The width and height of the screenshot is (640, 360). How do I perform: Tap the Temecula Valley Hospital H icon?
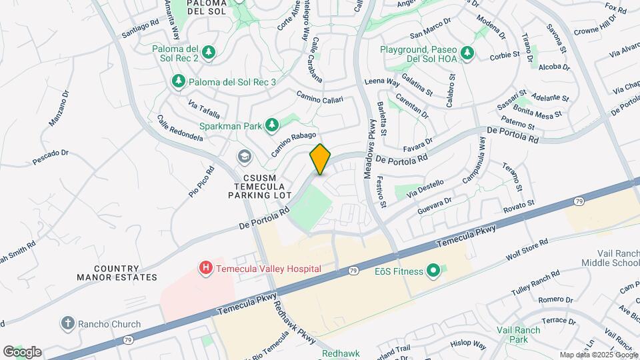[207, 269]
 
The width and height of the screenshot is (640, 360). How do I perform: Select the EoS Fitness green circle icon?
[433, 271]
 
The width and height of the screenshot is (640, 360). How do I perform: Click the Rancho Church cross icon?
[67, 324]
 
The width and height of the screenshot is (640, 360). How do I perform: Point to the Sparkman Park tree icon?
[271, 125]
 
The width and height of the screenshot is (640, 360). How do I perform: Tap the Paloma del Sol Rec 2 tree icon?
[209, 53]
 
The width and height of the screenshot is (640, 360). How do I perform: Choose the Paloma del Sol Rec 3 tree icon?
[178, 81]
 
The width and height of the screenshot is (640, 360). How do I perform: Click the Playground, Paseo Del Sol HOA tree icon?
[467, 53]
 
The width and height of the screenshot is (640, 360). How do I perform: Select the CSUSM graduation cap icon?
[245, 157]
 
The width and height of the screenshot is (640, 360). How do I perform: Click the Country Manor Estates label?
[117, 272]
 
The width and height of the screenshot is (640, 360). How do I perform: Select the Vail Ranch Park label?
[517, 335]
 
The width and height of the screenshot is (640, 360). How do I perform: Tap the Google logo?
[22, 352]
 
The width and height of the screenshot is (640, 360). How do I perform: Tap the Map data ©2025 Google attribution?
[598, 355]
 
